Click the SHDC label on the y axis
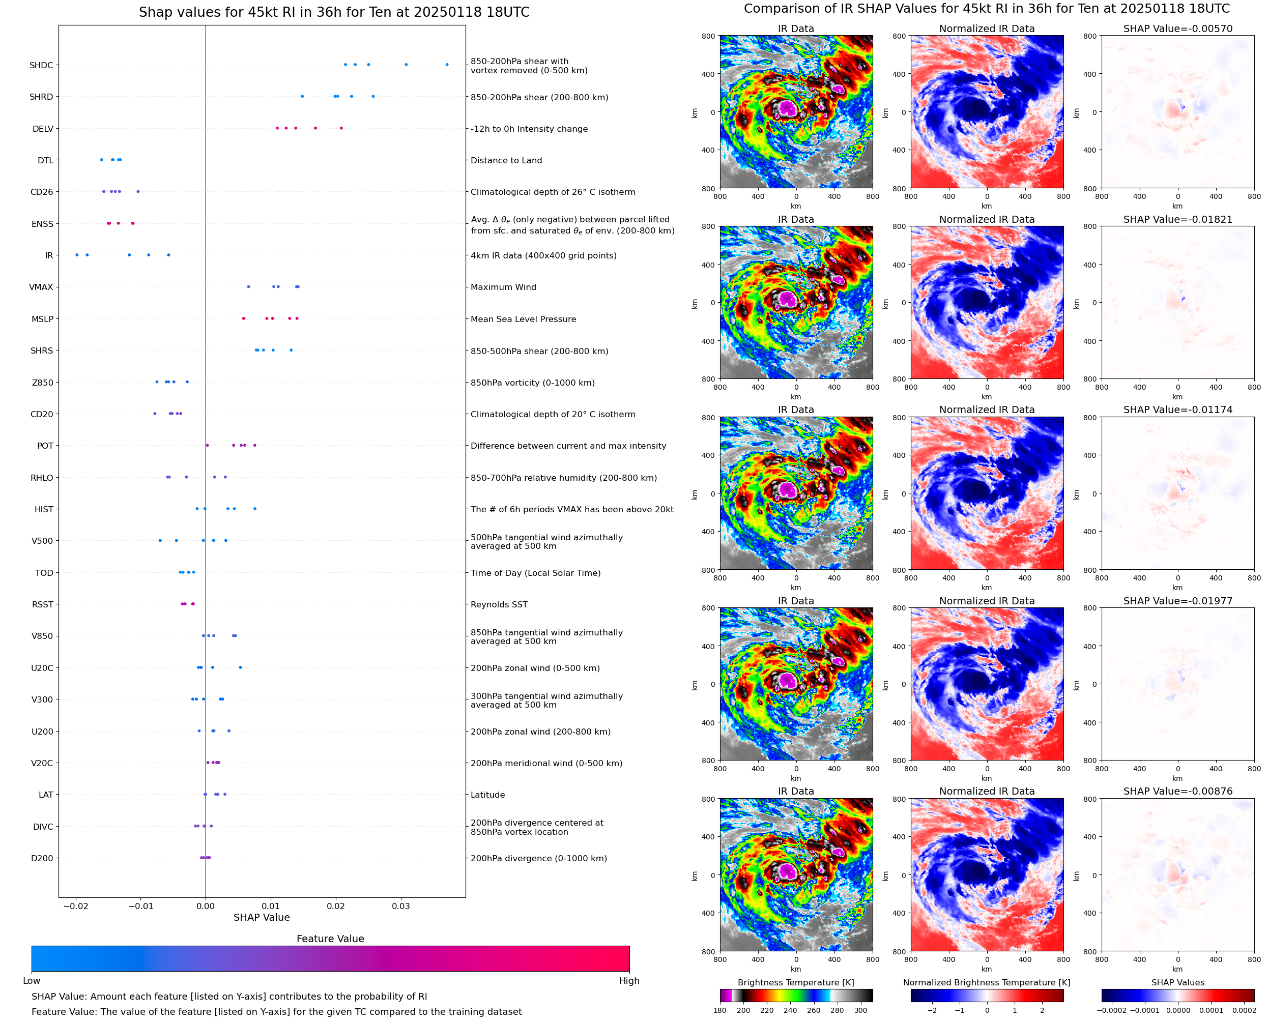click(x=41, y=65)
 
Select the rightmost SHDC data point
click(x=447, y=65)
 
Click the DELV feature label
click(x=43, y=129)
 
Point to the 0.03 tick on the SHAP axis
click(x=401, y=906)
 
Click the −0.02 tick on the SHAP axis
click(x=75, y=906)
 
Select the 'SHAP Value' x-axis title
click(x=262, y=917)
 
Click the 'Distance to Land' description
click(x=506, y=160)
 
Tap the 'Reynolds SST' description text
click(x=499, y=605)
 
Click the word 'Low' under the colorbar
click(x=32, y=981)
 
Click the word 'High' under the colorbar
click(x=629, y=981)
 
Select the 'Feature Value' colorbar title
click(x=330, y=939)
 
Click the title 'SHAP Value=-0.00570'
click(x=1177, y=29)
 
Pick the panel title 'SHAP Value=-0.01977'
click(x=1177, y=601)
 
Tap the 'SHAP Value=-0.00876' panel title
click(x=1177, y=791)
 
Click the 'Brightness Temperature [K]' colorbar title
click(x=796, y=982)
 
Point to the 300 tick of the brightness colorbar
click(x=861, y=1010)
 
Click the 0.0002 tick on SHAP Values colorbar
click(x=1244, y=1010)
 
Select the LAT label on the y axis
click(x=46, y=795)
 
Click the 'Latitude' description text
click(x=488, y=795)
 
